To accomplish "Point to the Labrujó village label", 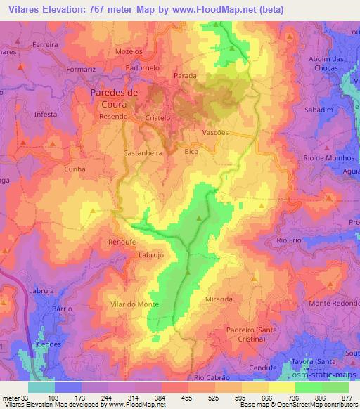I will pos(151,255).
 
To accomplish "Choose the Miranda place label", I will pos(219,299).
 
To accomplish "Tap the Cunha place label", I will pos(75,169).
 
